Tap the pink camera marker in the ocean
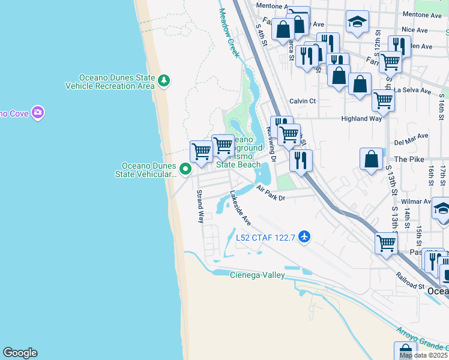[x=38, y=112]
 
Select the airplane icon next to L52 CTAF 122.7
[x=304, y=237]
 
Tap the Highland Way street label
[x=361, y=119]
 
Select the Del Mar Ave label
[x=410, y=143]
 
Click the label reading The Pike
[x=409, y=160]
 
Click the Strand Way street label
[x=200, y=206]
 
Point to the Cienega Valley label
[x=257, y=275]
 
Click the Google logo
[x=19, y=353]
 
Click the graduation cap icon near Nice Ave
[x=357, y=22]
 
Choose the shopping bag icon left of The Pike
[x=372, y=159]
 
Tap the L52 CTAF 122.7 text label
[x=265, y=238]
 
